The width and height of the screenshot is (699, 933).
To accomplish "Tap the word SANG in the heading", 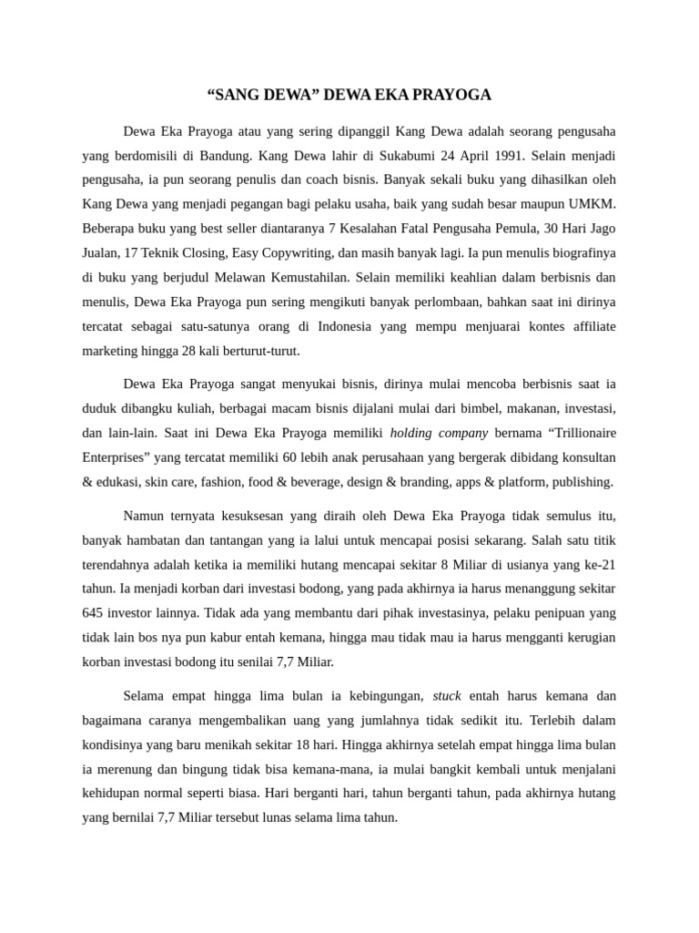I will click(x=238, y=95).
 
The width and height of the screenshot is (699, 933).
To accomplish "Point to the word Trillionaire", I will click(x=572, y=433).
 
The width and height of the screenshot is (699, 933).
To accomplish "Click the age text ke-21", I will click(x=597, y=565).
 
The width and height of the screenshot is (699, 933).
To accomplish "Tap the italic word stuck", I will click(x=447, y=695).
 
